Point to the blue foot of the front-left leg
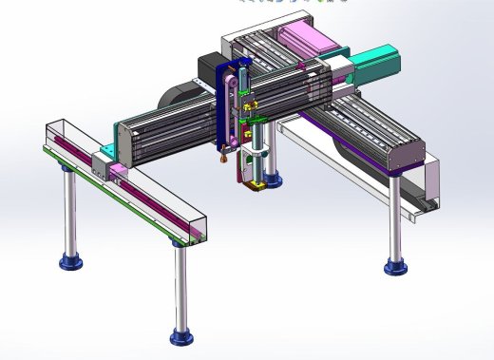(x=68, y=259)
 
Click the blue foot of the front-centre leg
(x=180, y=335)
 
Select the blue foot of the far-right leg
(x=395, y=266)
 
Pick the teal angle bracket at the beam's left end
(x=112, y=143)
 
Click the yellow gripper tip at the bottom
(x=255, y=185)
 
